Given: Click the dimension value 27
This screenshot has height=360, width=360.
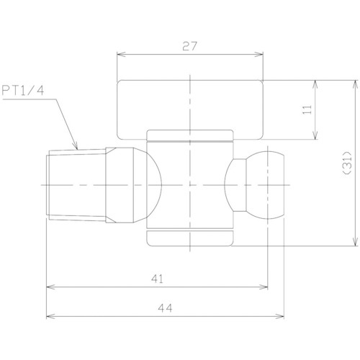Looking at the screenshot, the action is [x=189, y=46].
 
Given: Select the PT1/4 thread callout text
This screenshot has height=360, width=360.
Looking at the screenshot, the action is [x=23, y=91].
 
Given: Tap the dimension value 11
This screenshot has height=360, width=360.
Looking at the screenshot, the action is [x=307, y=109].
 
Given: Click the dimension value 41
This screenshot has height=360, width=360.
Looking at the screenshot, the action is [x=157, y=279].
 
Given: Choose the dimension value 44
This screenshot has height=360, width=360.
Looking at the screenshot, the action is [x=165, y=308].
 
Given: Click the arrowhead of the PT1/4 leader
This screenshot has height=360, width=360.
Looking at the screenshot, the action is [x=76, y=146].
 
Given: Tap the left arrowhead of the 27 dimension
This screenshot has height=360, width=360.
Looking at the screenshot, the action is [x=121, y=54].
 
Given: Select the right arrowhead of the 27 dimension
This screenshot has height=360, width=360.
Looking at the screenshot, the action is [x=258, y=54].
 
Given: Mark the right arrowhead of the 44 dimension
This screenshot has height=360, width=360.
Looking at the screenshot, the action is [x=279, y=316].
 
